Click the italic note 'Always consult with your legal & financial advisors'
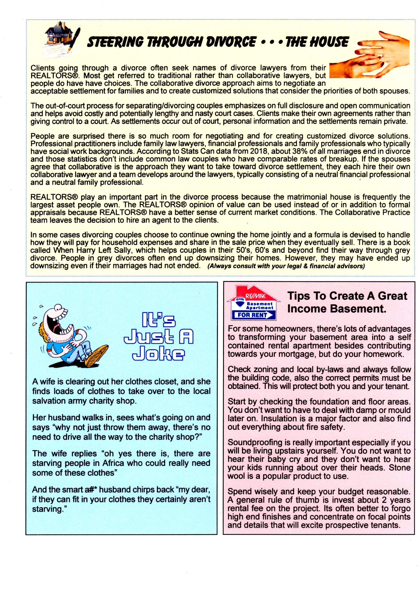[x=286, y=266]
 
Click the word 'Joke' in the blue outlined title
[x=158, y=355]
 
